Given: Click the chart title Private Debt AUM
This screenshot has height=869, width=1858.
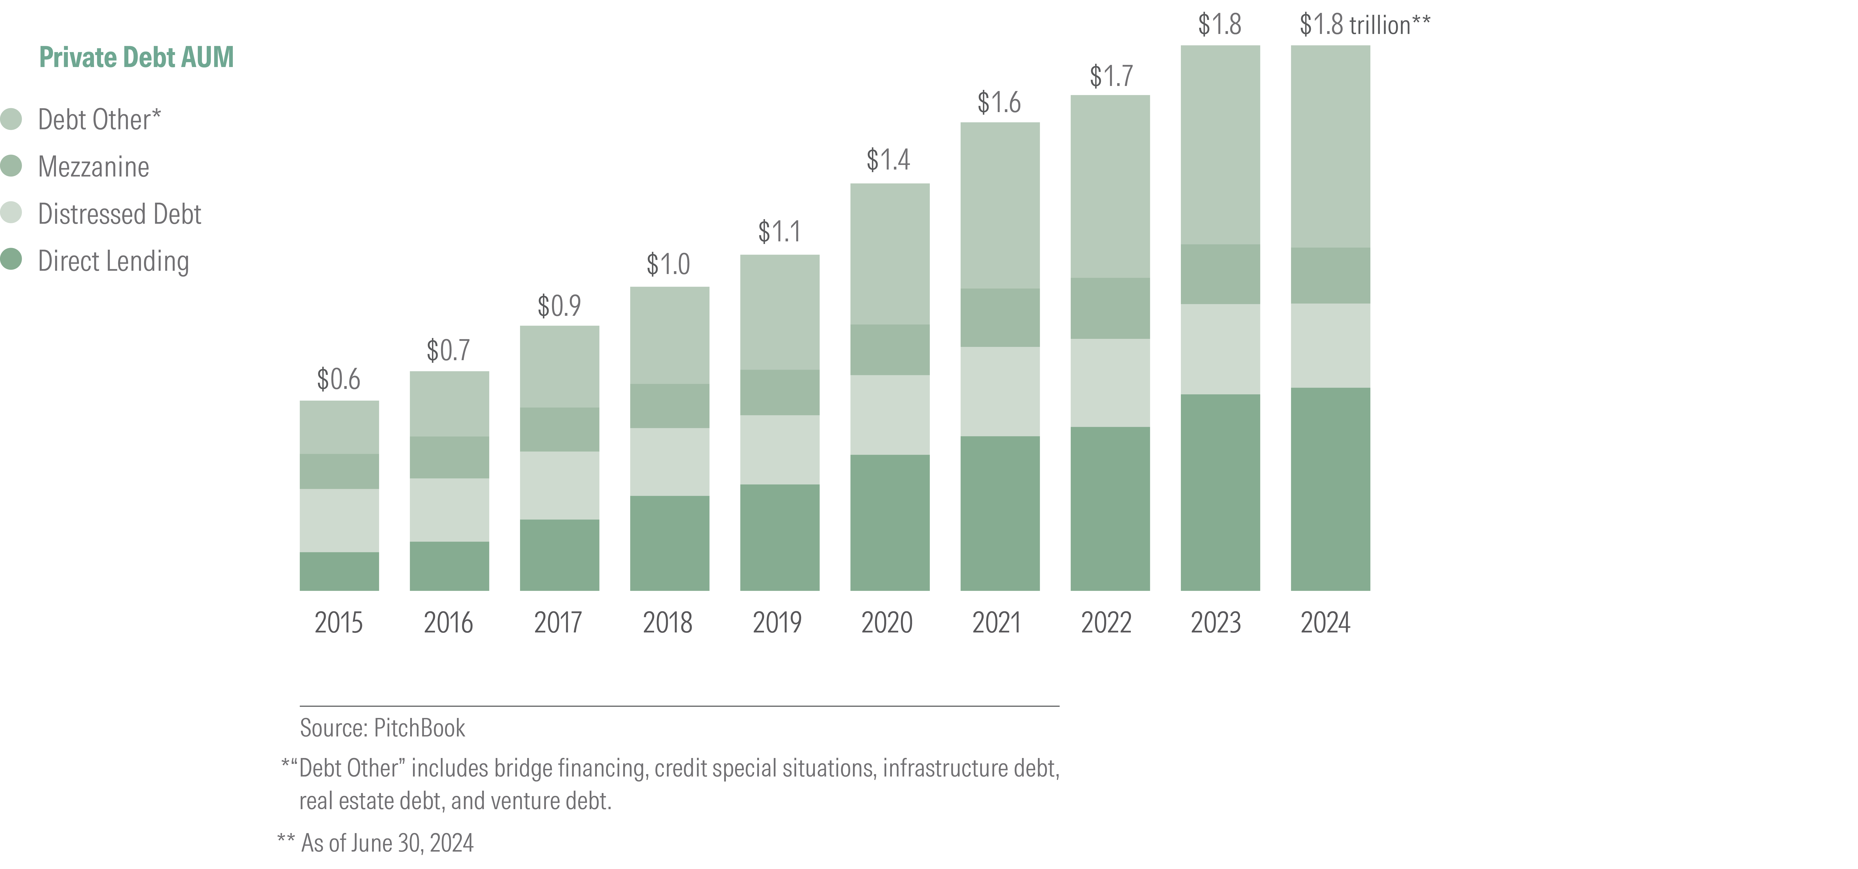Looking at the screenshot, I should [x=136, y=57].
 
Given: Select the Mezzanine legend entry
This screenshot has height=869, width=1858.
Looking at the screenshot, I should [x=93, y=166].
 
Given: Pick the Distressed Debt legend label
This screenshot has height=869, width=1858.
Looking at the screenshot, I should [x=119, y=214].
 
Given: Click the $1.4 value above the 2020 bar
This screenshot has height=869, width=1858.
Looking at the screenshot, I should [x=888, y=159].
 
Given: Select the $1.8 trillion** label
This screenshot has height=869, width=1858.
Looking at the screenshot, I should [x=1364, y=25].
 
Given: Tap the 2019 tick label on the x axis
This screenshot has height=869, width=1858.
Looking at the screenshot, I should [x=777, y=622].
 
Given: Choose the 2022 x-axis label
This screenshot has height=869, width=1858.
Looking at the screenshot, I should [x=1106, y=622].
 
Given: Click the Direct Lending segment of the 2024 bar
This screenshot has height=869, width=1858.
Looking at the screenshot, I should [x=1330, y=489].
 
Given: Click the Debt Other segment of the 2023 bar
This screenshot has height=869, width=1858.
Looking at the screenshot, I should [x=1220, y=144].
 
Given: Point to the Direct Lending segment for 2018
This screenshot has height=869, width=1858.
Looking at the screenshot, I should [x=669, y=543].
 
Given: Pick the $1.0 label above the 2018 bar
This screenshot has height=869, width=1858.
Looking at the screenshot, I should [x=668, y=265].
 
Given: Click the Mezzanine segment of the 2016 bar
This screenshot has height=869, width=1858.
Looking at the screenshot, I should [x=449, y=457].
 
